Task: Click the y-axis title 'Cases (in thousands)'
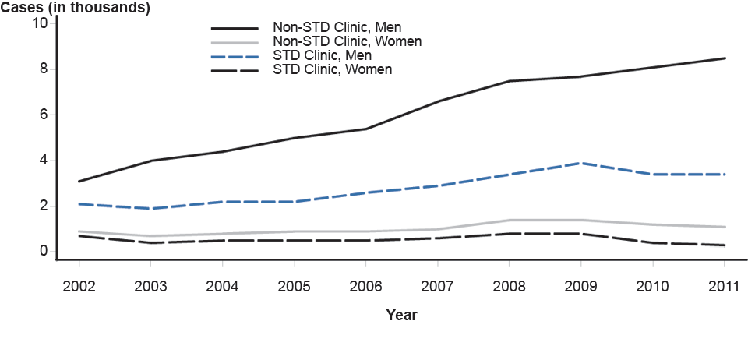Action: pos(76,9)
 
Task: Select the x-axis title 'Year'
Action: pos(401,316)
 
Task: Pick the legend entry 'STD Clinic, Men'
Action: pos(322,55)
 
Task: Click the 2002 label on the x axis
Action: pos(79,286)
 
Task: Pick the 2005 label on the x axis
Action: pos(294,286)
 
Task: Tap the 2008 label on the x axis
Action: pos(510,286)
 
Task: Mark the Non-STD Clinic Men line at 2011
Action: pos(725,58)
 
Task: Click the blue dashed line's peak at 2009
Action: pos(581,163)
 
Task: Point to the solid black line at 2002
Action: pos(79,182)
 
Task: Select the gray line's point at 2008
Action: pos(510,220)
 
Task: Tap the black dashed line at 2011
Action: pos(725,245)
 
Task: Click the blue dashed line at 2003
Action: pos(150,209)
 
